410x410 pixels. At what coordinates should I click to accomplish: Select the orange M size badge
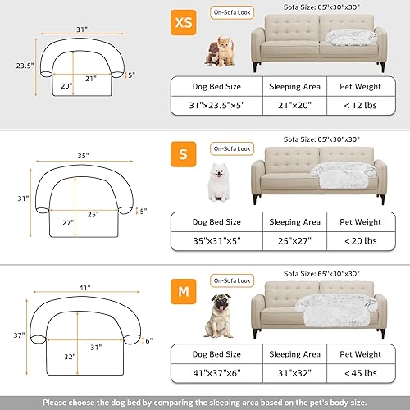coord(183,287)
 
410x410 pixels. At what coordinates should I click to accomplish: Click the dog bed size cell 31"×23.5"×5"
coord(216,106)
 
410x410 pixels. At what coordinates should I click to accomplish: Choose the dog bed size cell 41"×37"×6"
coord(216,373)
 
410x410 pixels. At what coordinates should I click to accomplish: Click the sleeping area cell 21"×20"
coord(295,106)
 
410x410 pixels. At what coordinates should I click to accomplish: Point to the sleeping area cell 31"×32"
coord(295,373)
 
